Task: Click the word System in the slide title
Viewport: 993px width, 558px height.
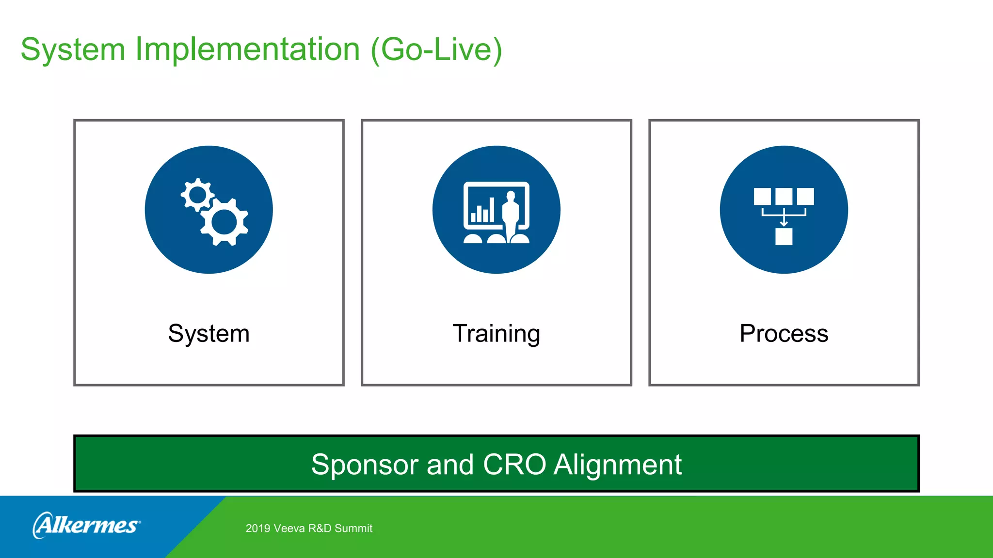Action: click(73, 50)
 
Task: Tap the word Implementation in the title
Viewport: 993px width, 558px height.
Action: click(247, 49)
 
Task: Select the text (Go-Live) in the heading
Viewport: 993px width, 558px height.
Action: click(436, 49)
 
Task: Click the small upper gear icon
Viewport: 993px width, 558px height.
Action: click(197, 195)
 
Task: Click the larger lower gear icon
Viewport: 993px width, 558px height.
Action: click(224, 222)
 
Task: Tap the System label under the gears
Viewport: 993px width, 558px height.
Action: click(208, 334)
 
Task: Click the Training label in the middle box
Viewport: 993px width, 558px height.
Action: click(496, 334)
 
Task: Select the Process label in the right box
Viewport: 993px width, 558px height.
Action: click(784, 334)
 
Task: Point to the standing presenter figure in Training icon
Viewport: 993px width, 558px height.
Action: click(511, 216)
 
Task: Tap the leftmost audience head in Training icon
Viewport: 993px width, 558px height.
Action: click(473, 238)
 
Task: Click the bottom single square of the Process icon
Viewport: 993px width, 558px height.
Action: click(784, 236)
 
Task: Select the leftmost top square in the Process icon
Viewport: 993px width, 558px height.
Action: click(762, 197)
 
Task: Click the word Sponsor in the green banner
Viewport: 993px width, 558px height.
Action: click(364, 465)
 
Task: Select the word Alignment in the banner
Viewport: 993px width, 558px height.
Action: click(618, 465)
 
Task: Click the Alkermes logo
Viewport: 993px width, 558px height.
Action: click(87, 525)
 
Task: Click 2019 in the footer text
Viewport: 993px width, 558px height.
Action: click(257, 528)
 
